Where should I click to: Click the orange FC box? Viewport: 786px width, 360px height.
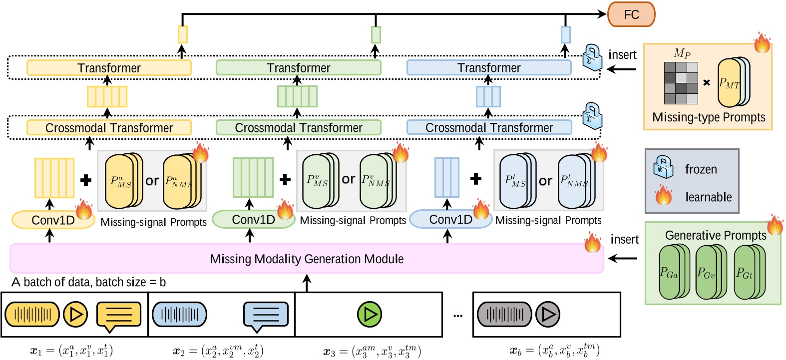tap(631, 14)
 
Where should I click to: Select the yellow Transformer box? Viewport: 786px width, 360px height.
tap(109, 68)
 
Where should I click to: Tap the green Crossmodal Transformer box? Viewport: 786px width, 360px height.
tap(298, 128)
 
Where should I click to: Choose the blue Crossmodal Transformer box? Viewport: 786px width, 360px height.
tap(489, 128)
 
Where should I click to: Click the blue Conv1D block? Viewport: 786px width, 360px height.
tap(450, 219)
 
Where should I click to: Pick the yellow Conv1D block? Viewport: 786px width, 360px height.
tap(53, 220)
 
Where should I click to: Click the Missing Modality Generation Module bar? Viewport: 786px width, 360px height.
tap(307, 259)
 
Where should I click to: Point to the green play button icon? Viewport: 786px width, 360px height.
tap(370, 314)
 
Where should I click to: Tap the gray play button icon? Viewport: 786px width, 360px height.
tap(548, 314)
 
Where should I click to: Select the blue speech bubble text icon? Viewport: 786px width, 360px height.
tap(266, 315)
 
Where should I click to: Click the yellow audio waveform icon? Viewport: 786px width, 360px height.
tap(32, 314)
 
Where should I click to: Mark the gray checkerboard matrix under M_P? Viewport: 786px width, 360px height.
tap(681, 83)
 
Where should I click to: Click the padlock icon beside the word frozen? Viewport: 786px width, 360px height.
tap(664, 167)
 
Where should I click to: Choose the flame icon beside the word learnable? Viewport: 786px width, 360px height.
tap(664, 195)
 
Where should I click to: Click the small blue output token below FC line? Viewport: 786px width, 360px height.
tap(565, 35)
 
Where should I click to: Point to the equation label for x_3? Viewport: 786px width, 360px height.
tap(372, 351)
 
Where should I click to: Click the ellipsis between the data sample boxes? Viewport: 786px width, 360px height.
tap(457, 316)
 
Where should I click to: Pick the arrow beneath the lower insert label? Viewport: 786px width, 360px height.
tap(623, 259)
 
